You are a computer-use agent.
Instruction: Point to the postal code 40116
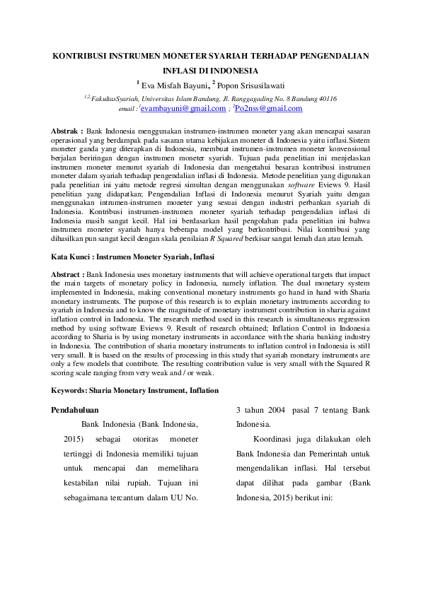325,99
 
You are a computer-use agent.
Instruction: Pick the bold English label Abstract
68,273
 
